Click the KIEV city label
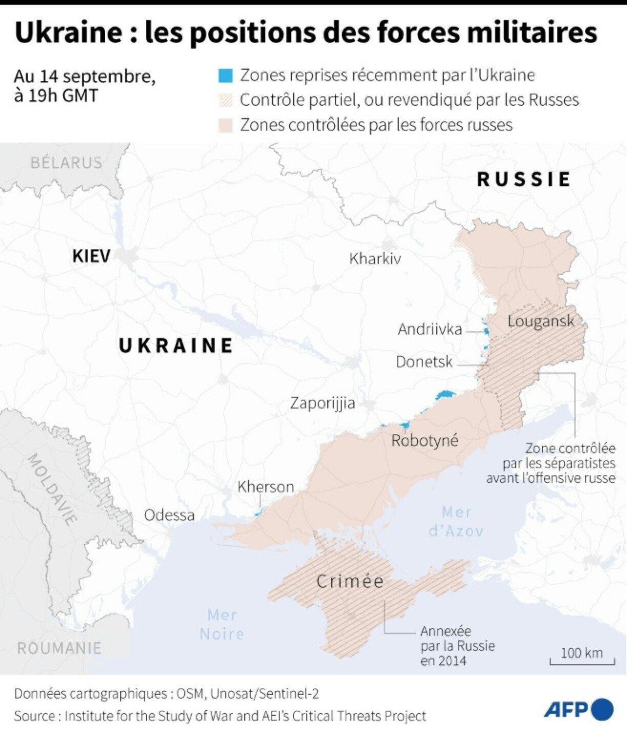click(x=91, y=256)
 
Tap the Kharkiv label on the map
click(x=374, y=259)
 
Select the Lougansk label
click(x=540, y=321)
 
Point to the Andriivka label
click(x=430, y=329)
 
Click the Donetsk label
click(x=424, y=362)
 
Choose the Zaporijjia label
click(x=322, y=403)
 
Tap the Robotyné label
click(x=425, y=440)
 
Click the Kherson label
click(x=265, y=486)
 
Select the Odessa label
click(x=169, y=515)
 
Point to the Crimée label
click(x=350, y=581)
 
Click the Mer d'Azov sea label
click(x=456, y=521)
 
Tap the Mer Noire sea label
click(x=222, y=624)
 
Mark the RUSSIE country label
click(x=524, y=179)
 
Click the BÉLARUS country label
click(x=67, y=162)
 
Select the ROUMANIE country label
click(x=59, y=648)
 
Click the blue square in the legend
click(x=225, y=75)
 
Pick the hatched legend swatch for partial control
click(x=225, y=100)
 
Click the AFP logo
click(x=578, y=709)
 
